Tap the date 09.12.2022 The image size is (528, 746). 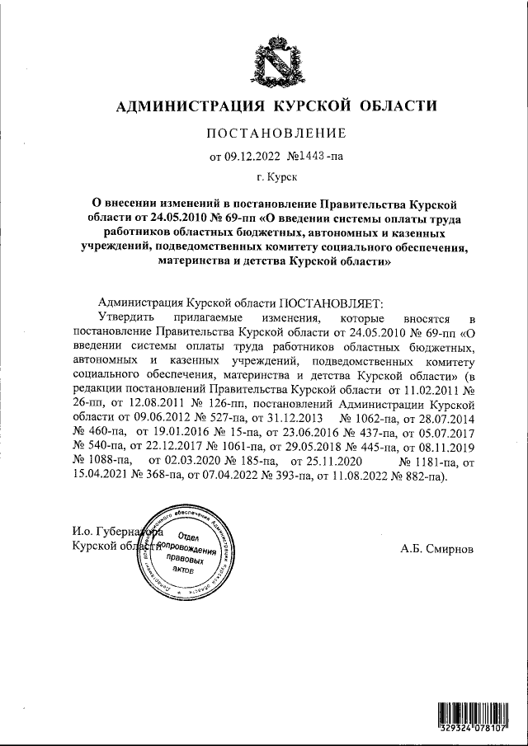[x=251, y=156]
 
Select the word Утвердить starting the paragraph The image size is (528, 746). [x=124, y=317]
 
